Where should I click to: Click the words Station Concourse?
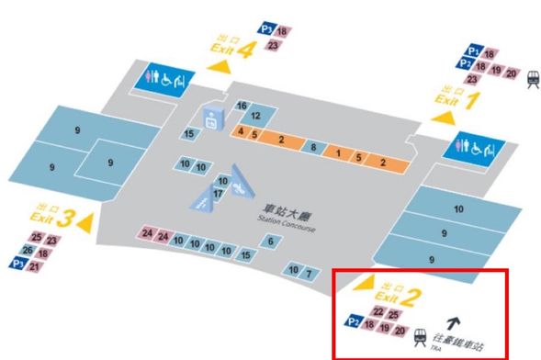[x=287, y=220]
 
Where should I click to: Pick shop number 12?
[x=256, y=116]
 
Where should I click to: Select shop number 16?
[x=242, y=106]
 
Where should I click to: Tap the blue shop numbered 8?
[x=313, y=148]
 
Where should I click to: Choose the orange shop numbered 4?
[x=241, y=133]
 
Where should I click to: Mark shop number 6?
[x=270, y=241]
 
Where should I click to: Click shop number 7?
[x=310, y=273]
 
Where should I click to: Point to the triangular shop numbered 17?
[x=218, y=194]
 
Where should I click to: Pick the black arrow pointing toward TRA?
[x=452, y=322]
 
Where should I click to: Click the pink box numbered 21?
[x=35, y=265]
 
